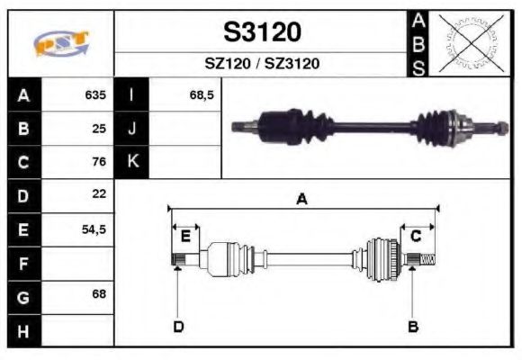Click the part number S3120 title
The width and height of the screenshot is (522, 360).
click(262, 32)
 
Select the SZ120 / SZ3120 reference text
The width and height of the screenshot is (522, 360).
click(262, 64)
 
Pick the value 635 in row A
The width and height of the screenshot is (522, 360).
click(95, 94)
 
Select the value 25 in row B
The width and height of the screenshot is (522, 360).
click(99, 129)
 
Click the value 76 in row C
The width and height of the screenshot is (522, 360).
click(99, 162)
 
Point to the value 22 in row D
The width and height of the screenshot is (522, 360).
click(99, 194)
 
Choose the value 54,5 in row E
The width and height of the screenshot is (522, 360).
click(94, 229)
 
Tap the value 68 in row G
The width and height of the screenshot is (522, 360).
click(99, 295)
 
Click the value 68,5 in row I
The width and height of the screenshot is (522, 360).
click(201, 94)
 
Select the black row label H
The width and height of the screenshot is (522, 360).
click(23, 331)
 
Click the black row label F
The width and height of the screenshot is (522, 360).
click(23, 264)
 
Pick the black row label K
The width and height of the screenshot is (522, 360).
click(132, 162)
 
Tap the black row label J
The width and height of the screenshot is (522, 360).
click(132, 129)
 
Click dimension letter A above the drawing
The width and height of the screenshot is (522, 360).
click(302, 200)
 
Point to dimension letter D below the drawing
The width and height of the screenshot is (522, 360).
click(178, 326)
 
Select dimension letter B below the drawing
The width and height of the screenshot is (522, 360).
click(413, 326)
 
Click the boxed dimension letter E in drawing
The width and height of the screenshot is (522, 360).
click(185, 236)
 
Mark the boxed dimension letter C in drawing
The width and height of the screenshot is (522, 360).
click(416, 236)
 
